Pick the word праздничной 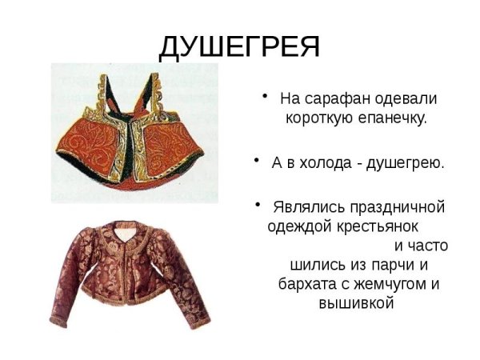pyautogui.click(x=392, y=206)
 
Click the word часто pyautogui.click(x=421, y=245)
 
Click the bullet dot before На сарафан pyautogui.click(x=267, y=97)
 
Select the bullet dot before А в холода pyautogui.click(x=258, y=160)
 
